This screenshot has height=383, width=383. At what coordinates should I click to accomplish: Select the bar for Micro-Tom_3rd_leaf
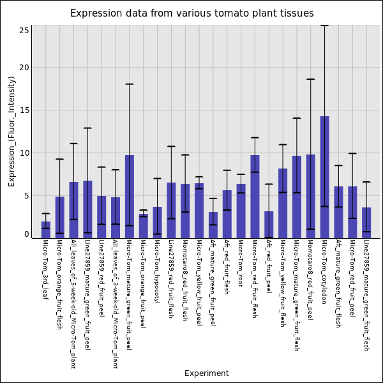pyautogui.click(x=45, y=230)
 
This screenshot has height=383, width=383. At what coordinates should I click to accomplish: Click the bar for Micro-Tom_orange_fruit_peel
pyautogui.click(x=143, y=226)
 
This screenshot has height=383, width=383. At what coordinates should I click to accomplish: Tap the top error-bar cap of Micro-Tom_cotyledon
pyautogui.click(x=324, y=26)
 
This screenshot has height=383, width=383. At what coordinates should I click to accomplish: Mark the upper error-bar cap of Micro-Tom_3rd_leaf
pyautogui.click(x=45, y=213)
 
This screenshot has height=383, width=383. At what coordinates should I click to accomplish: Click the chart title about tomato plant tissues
pyautogui.click(x=191, y=13)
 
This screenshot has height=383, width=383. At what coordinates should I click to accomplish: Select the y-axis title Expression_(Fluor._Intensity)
pyautogui.click(x=11, y=131)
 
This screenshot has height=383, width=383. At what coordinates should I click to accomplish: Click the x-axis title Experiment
pyautogui.click(x=206, y=373)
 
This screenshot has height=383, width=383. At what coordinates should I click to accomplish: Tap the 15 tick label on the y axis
pyautogui.click(x=25, y=110)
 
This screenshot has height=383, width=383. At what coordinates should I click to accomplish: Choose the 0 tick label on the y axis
pyautogui.click(x=27, y=234)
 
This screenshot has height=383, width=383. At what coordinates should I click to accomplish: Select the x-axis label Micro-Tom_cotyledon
pyautogui.click(x=324, y=271)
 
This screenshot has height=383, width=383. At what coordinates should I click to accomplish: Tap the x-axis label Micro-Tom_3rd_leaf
pyautogui.click(x=45, y=269)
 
